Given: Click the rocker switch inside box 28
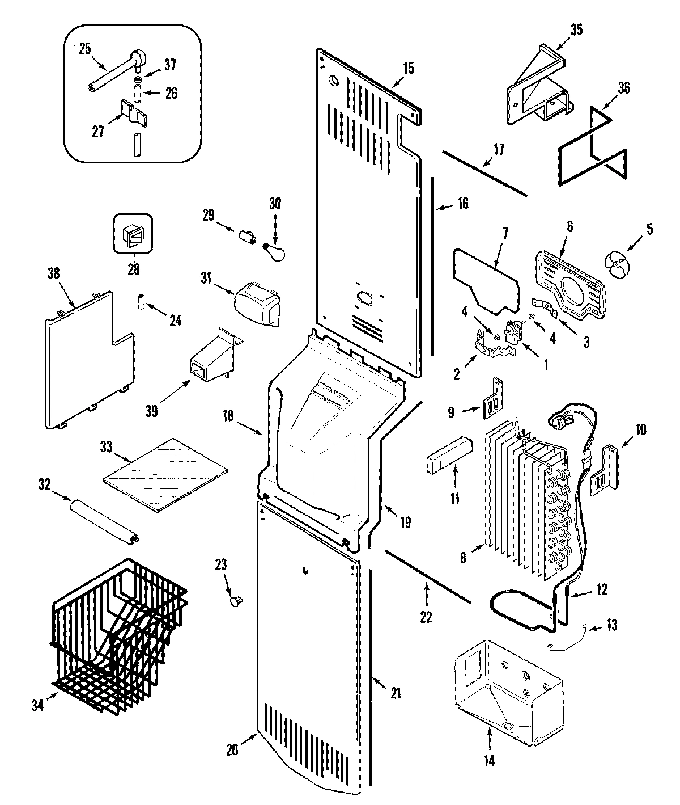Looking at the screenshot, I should pyautogui.click(x=133, y=233).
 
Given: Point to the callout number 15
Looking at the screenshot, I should pyautogui.click(x=408, y=69).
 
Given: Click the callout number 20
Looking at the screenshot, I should pyautogui.click(x=232, y=749).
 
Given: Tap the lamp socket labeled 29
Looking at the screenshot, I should pyautogui.click(x=248, y=235).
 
